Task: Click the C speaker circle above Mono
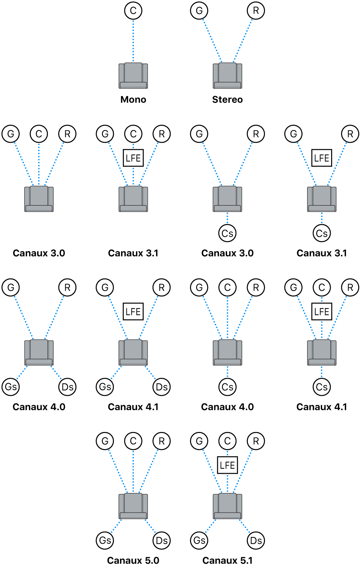tap(133, 11)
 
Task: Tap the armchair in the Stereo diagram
tap(227, 76)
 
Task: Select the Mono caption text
tap(133, 100)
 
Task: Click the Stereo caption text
tap(227, 100)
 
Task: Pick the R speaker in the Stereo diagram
tap(256, 11)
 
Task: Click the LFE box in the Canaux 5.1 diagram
tap(227, 465)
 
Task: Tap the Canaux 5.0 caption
tap(133, 560)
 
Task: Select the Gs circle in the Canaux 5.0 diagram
tap(105, 541)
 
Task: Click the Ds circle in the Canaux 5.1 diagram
tap(256, 541)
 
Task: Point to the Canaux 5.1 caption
tap(227, 560)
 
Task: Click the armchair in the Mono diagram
tap(133, 76)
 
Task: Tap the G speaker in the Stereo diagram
tap(199, 11)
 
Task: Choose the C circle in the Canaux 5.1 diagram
tap(227, 441)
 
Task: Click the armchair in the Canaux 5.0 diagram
tap(133, 506)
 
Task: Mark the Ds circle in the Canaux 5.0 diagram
tap(161, 541)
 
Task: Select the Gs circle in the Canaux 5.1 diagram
tap(199, 541)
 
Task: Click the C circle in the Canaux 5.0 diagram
tap(133, 441)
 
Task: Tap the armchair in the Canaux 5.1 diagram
tap(227, 506)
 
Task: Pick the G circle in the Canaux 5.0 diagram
tap(105, 441)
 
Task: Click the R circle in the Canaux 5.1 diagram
tap(256, 441)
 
